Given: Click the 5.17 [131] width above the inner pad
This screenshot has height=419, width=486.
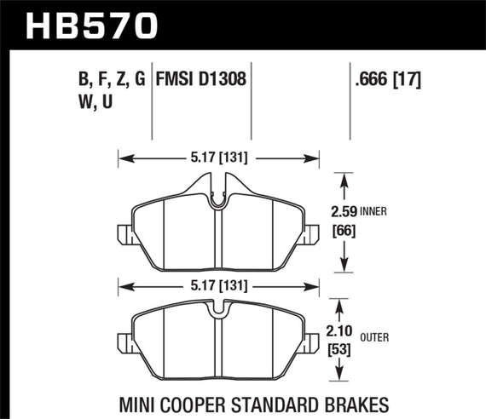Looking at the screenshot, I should [217, 157].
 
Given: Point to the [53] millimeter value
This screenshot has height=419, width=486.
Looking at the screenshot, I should [342, 351].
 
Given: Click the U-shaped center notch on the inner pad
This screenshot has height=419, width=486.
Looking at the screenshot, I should [218, 198].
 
